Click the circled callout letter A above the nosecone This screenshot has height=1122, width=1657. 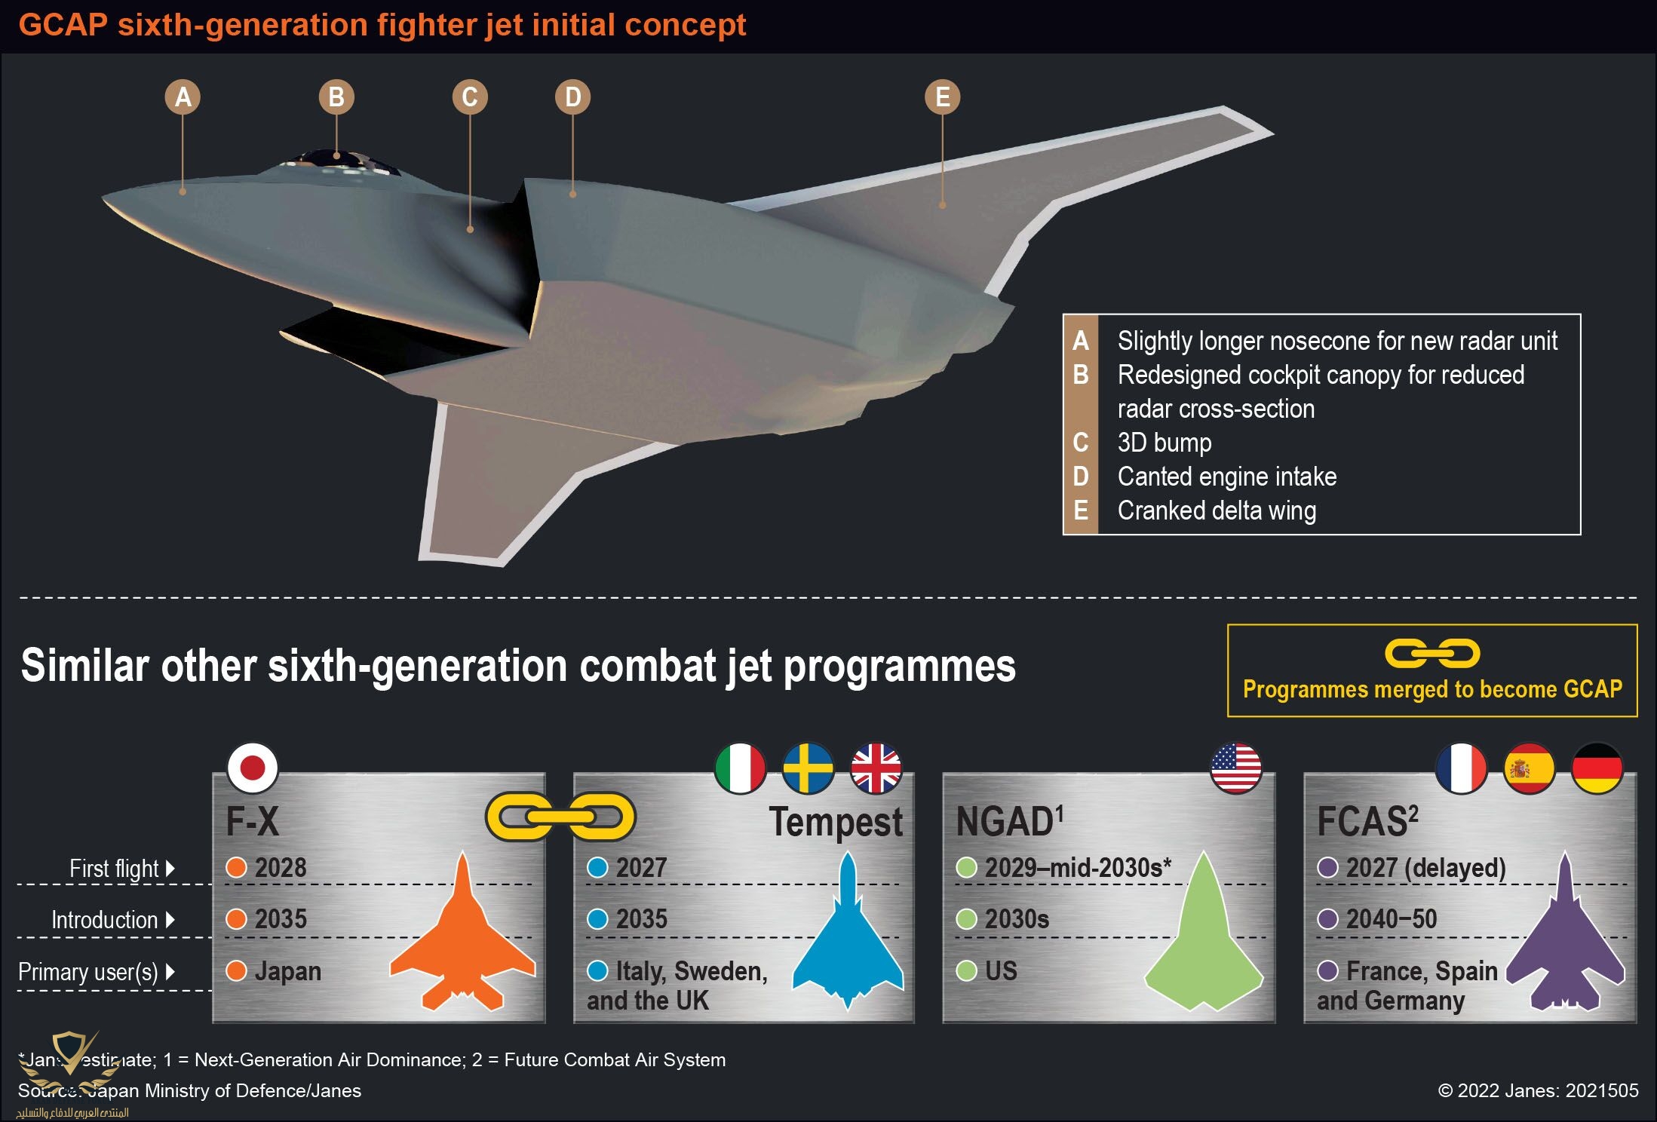click(183, 97)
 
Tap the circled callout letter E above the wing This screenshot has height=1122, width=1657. click(942, 97)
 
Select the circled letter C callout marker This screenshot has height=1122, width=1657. click(469, 97)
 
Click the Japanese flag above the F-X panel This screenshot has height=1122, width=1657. click(253, 768)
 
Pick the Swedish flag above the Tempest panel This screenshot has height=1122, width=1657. click(808, 768)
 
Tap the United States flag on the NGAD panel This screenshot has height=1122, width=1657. click(1235, 768)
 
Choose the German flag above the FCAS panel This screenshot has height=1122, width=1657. click(1597, 768)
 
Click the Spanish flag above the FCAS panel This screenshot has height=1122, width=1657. click(1529, 768)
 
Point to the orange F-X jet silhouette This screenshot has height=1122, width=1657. click(462, 943)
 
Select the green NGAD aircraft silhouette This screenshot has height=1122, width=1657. click(1203, 943)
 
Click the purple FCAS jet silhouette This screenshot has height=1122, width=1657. click(1565, 943)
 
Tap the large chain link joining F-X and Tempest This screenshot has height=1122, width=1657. click(560, 817)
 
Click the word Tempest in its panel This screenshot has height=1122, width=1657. click(836, 822)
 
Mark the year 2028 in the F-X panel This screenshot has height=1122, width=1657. click(281, 868)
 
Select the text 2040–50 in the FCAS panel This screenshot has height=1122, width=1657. click(1392, 919)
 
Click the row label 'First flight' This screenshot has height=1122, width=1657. click(114, 869)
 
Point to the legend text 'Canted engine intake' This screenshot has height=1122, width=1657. click(1226, 477)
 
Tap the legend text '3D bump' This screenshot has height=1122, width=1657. click(1164, 443)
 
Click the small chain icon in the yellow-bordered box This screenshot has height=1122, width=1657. click(1431, 654)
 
